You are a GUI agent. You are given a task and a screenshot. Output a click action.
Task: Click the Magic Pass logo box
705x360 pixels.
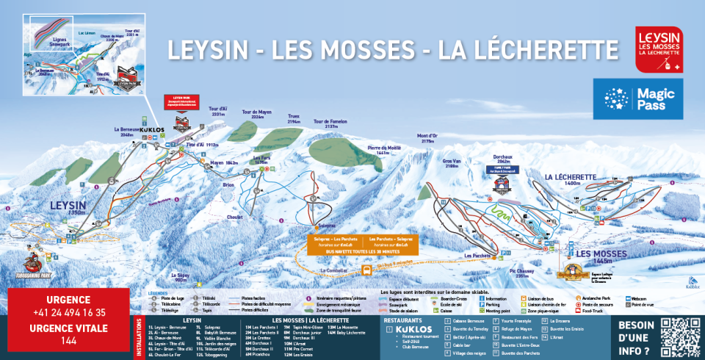tap(638, 99)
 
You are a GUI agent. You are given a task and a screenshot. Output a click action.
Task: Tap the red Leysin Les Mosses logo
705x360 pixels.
tap(659, 48)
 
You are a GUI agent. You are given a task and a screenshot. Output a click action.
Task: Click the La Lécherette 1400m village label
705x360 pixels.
tap(570, 180)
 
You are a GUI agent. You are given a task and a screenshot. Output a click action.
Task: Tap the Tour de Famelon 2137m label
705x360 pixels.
tap(330, 124)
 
